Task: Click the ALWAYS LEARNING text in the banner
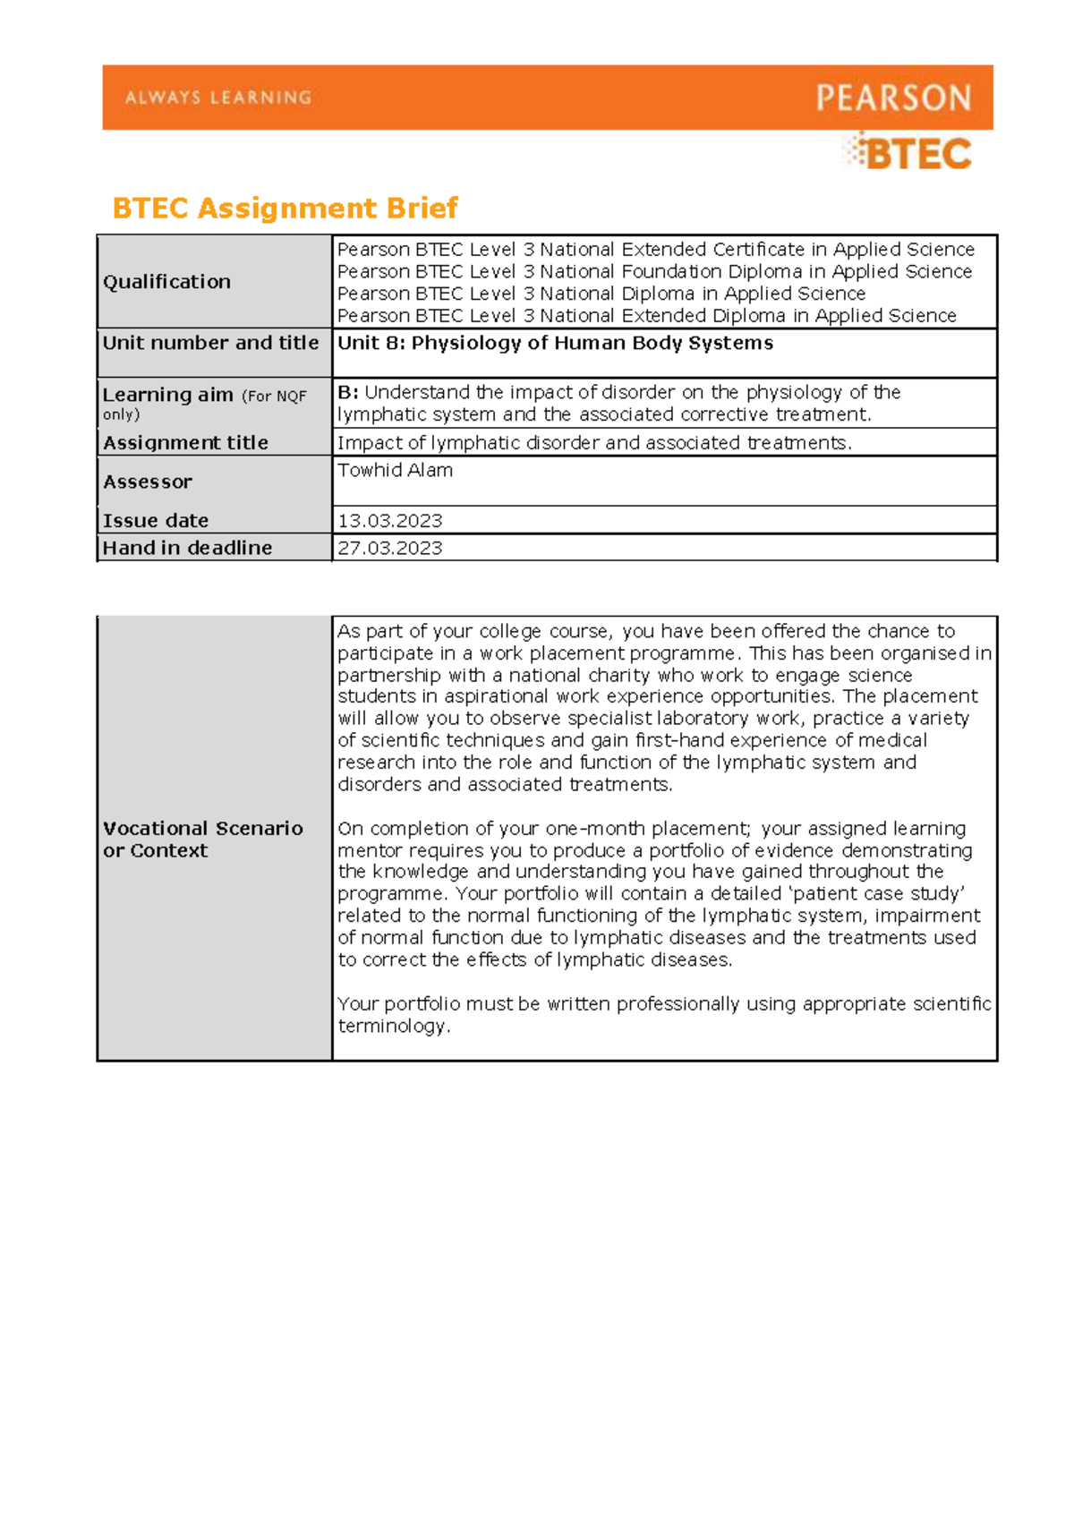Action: (217, 98)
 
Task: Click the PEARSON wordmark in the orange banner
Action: (892, 98)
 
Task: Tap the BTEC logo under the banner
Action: (908, 154)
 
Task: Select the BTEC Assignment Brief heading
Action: (285, 209)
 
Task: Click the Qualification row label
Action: (166, 282)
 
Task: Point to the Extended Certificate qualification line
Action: (655, 250)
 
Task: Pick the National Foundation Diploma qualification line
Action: (654, 271)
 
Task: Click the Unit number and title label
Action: (210, 343)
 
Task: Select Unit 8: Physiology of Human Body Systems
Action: (555, 343)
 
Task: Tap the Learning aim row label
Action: (167, 395)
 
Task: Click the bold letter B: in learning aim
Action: (348, 392)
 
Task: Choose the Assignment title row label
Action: (185, 443)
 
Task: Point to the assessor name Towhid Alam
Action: (395, 471)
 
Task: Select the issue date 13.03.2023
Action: (389, 521)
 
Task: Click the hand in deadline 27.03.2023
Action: (389, 548)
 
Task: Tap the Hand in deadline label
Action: (187, 548)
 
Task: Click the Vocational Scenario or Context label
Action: (202, 840)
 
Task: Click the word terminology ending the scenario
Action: (391, 1027)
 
